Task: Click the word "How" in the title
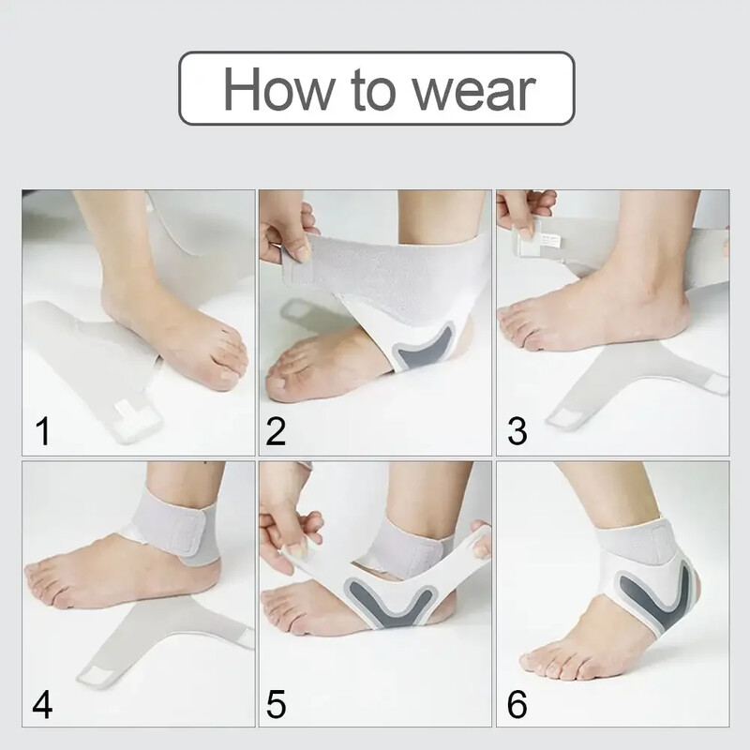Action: click(279, 89)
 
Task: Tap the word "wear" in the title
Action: click(474, 91)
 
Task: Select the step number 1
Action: click(43, 431)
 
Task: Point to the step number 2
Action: click(276, 431)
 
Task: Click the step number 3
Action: click(517, 431)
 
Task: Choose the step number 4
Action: click(42, 704)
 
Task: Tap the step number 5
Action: click(276, 704)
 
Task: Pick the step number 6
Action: click(517, 704)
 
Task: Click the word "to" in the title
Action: click(373, 91)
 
